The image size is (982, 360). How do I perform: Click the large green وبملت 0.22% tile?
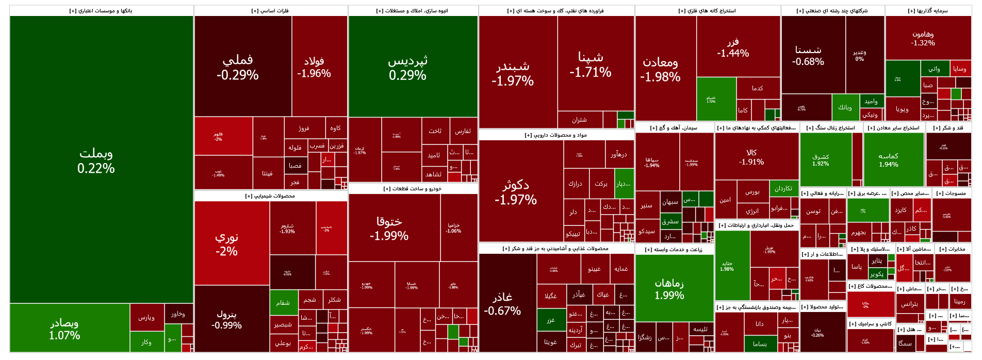(x=96, y=160)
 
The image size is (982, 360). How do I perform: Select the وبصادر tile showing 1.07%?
(x=65, y=329)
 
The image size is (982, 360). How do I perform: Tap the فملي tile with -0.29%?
(x=238, y=67)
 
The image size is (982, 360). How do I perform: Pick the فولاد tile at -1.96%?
(x=314, y=67)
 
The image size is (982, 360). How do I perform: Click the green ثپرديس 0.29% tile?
(x=408, y=67)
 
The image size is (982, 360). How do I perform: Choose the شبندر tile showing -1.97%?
(x=513, y=73)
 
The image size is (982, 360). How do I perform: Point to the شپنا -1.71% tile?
(x=591, y=64)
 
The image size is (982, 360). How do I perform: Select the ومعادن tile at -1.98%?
(x=661, y=69)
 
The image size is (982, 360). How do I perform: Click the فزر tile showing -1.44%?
(x=733, y=47)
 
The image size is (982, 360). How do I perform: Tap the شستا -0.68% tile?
(x=808, y=55)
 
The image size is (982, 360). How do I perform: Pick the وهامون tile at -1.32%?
(x=923, y=39)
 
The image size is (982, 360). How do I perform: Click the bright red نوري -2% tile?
(x=227, y=243)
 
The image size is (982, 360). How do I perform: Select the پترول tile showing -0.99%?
(x=227, y=319)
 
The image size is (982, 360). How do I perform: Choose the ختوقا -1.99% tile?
(x=389, y=228)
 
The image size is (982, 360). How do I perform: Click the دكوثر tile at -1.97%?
(x=516, y=192)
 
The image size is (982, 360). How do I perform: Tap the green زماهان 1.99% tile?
(x=669, y=288)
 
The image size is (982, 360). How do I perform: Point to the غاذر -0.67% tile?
(x=502, y=303)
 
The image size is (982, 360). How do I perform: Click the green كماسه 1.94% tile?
(x=889, y=160)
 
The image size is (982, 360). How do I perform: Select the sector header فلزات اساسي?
(x=271, y=11)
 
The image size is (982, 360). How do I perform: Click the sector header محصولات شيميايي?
(x=271, y=196)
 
